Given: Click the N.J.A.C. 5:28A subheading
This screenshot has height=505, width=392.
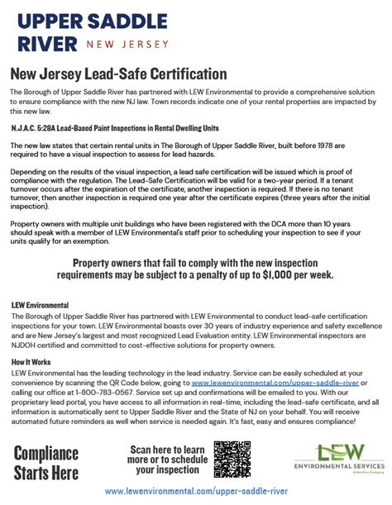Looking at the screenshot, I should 115,127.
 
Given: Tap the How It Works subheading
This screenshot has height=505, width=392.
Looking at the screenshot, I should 31,362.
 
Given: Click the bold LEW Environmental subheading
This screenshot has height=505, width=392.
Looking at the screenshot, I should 45,305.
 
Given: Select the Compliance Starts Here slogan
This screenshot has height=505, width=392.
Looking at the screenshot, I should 46,462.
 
